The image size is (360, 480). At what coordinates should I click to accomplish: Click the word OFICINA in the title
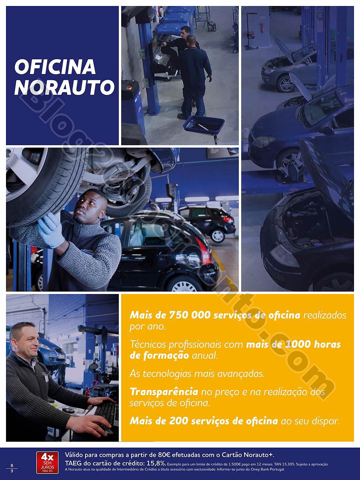[x=55, y=67]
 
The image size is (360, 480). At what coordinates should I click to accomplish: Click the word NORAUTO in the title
[x=64, y=87]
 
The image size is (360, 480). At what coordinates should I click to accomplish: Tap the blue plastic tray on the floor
[x=203, y=124]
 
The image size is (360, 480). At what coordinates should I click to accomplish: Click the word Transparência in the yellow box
[x=163, y=392]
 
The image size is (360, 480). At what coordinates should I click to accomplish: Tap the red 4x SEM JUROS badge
[x=48, y=462]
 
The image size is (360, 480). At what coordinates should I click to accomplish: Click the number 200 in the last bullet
[x=178, y=421]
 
